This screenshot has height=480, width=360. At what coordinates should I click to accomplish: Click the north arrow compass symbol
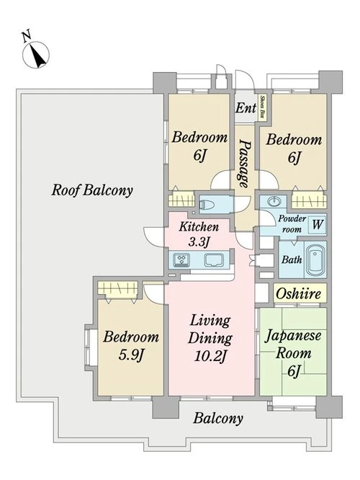click(36, 55)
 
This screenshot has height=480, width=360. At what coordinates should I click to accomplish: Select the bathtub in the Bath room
click(315, 259)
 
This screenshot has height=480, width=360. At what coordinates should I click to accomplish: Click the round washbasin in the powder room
click(274, 201)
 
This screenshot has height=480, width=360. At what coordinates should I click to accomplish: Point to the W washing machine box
click(317, 225)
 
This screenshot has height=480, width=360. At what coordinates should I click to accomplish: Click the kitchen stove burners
click(181, 259)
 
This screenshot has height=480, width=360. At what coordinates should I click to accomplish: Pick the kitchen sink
click(215, 260)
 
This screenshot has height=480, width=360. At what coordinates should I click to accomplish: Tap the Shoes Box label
click(262, 107)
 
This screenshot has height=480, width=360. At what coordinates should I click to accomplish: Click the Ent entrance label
click(246, 108)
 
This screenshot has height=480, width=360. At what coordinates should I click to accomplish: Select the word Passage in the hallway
click(244, 164)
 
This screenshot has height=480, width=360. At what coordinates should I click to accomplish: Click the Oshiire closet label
click(298, 293)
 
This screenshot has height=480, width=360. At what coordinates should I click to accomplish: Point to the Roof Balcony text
click(91, 190)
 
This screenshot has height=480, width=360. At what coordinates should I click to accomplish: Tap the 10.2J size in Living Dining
click(210, 356)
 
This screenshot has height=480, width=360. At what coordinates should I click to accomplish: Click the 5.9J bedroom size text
click(131, 355)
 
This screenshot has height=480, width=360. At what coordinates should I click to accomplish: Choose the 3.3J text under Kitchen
click(199, 242)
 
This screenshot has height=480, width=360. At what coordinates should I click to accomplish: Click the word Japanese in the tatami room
click(293, 337)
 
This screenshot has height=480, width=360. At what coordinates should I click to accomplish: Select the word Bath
click(292, 259)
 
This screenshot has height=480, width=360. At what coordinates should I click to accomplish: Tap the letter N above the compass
click(27, 35)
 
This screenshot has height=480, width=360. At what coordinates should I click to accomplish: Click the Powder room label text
click(292, 223)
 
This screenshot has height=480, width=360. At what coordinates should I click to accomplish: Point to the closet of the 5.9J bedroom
click(117, 288)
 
